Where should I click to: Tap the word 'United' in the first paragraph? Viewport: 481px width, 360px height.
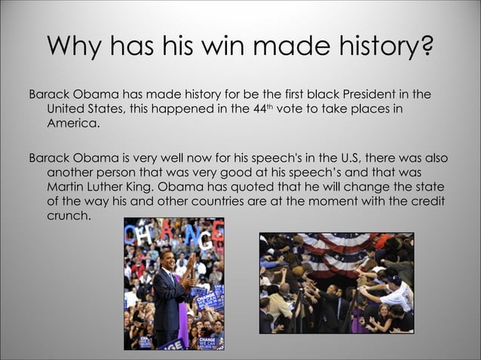[67, 110]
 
